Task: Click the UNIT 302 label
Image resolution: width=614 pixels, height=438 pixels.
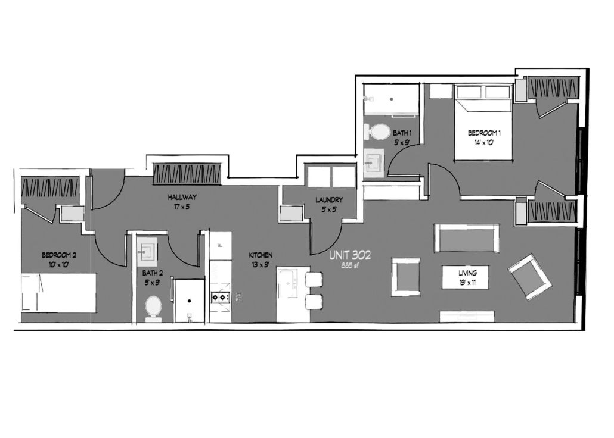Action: pyautogui.click(x=350, y=255)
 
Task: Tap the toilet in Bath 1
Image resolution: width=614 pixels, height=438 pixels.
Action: pyautogui.click(x=377, y=132)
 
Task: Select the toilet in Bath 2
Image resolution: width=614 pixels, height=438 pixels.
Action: pyautogui.click(x=154, y=308)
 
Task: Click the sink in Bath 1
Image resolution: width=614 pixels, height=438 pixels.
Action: pyautogui.click(x=374, y=164)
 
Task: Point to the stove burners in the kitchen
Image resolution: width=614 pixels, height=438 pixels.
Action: pyautogui.click(x=221, y=298)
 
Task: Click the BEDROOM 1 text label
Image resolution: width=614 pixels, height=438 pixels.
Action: pyautogui.click(x=484, y=133)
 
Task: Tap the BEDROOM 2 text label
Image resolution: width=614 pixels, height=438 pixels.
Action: pyautogui.click(x=59, y=255)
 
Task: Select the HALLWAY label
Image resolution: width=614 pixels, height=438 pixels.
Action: pyautogui.click(x=182, y=197)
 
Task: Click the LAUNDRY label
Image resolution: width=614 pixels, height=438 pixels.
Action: pyautogui.click(x=329, y=200)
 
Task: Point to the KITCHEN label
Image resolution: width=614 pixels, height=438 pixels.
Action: pyautogui.click(x=261, y=255)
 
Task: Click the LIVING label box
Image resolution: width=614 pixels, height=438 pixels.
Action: pyautogui.click(x=466, y=277)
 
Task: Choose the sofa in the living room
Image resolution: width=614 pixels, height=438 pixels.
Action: pyautogui.click(x=467, y=239)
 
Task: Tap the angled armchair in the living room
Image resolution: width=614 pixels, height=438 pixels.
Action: pyautogui.click(x=530, y=277)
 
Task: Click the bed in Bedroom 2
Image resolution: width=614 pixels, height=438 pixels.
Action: pyautogui.click(x=58, y=293)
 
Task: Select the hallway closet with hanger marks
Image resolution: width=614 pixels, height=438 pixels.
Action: pyautogui.click(x=187, y=174)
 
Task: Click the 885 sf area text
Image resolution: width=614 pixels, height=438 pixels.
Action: pyautogui.click(x=350, y=266)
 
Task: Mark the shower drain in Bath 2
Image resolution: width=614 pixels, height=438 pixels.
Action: pyautogui.click(x=190, y=301)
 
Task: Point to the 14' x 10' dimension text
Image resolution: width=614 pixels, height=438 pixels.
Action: pyautogui.click(x=484, y=143)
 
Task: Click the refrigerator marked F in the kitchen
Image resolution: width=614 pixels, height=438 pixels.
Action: pyautogui.click(x=221, y=246)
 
